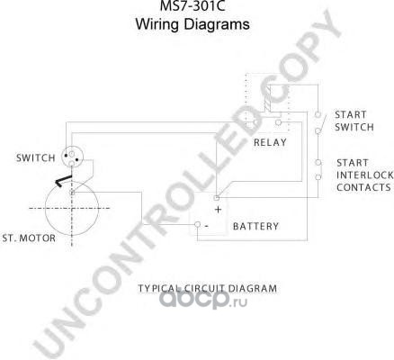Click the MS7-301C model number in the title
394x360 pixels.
(193, 5)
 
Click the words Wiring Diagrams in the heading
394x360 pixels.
(193, 24)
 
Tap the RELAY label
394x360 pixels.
(270, 142)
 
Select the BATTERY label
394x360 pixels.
(255, 226)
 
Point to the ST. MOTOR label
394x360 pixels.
(29, 238)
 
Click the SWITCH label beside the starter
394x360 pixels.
(36, 157)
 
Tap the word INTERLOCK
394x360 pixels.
(364, 175)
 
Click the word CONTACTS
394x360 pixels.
(363, 187)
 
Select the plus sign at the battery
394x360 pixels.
(219, 210)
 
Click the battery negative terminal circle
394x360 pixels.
(197, 224)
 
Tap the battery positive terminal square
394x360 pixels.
(216, 198)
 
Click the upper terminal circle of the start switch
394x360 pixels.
(318, 114)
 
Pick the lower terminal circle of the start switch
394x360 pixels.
(318, 130)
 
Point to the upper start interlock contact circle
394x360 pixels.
(318, 163)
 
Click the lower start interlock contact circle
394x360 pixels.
(318, 177)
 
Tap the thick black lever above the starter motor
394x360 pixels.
(63, 181)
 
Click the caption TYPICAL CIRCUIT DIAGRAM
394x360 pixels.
(208, 289)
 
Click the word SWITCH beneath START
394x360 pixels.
(354, 127)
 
